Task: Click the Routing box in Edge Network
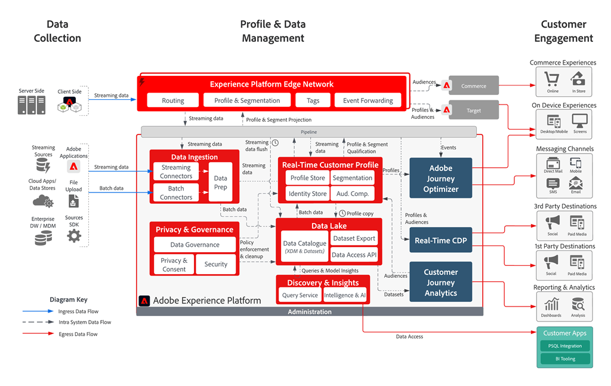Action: [173, 100]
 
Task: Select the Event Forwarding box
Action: [368, 100]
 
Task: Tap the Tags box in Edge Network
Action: [313, 100]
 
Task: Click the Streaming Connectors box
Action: [176, 171]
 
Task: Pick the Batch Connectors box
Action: [176, 192]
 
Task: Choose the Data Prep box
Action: [221, 182]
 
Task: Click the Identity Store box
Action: [307, 194]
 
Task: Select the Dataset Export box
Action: [354, 238]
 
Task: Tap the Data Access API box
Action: [354, 255]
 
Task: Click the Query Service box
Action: [300, 295]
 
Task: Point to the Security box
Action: [216, 264]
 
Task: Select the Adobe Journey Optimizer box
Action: [440, 178]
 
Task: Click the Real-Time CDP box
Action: [440, 240]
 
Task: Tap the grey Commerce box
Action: [473, 86]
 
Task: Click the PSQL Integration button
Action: [564, 346]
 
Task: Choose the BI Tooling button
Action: [564, 359]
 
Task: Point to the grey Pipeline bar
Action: [308, 131]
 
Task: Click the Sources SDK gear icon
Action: [74, 235]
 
